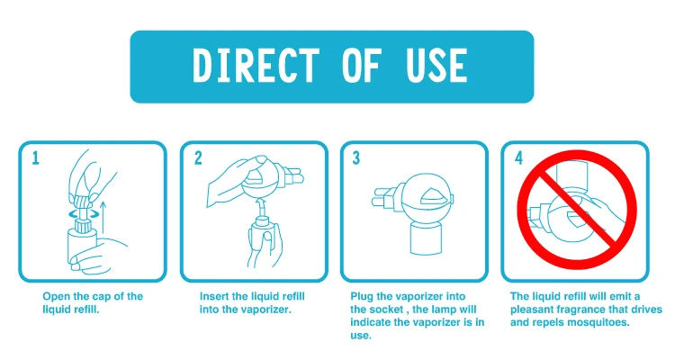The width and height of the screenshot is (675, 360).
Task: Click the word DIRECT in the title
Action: coord(256,65)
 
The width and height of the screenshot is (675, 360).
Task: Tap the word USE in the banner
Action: coord(436,65)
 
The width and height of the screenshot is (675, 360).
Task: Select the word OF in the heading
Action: coord(362,65)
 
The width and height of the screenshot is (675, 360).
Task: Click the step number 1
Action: coord(35,158)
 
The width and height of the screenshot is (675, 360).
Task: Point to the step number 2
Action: coord(198,158)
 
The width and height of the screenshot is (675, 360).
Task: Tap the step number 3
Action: coord(356,158)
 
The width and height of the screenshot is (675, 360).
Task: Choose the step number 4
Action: coord(518,158)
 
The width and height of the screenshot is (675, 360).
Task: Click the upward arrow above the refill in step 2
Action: coord(260,208)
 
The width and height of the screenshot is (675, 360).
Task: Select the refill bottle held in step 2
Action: coord(261,235)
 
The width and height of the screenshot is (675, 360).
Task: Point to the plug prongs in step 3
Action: coord(382,196)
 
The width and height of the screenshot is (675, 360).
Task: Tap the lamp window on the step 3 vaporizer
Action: coord(436,196)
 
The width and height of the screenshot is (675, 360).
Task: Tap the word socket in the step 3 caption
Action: coord(386,310)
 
